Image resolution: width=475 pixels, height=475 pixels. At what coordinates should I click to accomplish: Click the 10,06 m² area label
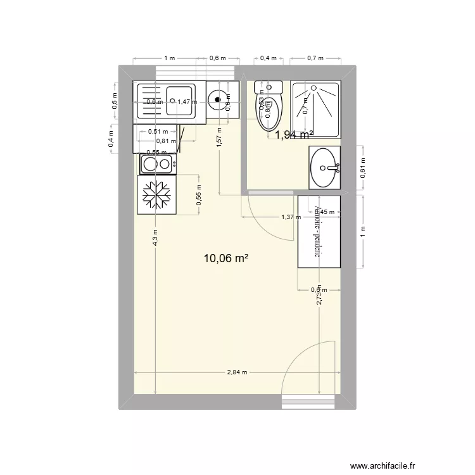point(225,258)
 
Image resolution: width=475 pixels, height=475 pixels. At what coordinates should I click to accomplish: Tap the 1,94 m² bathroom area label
point(293,134)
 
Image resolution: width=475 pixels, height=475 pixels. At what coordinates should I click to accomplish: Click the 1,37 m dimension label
point(290,217)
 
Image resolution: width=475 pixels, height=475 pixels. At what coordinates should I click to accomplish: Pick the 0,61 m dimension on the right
point(363,167)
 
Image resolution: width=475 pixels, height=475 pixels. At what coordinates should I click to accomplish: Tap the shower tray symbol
point(315,109)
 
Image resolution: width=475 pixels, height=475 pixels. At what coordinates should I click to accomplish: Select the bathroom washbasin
point(324,168)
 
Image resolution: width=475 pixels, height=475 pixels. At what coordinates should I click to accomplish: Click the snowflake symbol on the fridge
point(156,195)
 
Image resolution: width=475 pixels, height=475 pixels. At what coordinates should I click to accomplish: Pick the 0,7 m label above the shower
point(315,58)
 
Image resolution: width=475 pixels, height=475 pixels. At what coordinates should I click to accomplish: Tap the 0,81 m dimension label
point(166,141)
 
